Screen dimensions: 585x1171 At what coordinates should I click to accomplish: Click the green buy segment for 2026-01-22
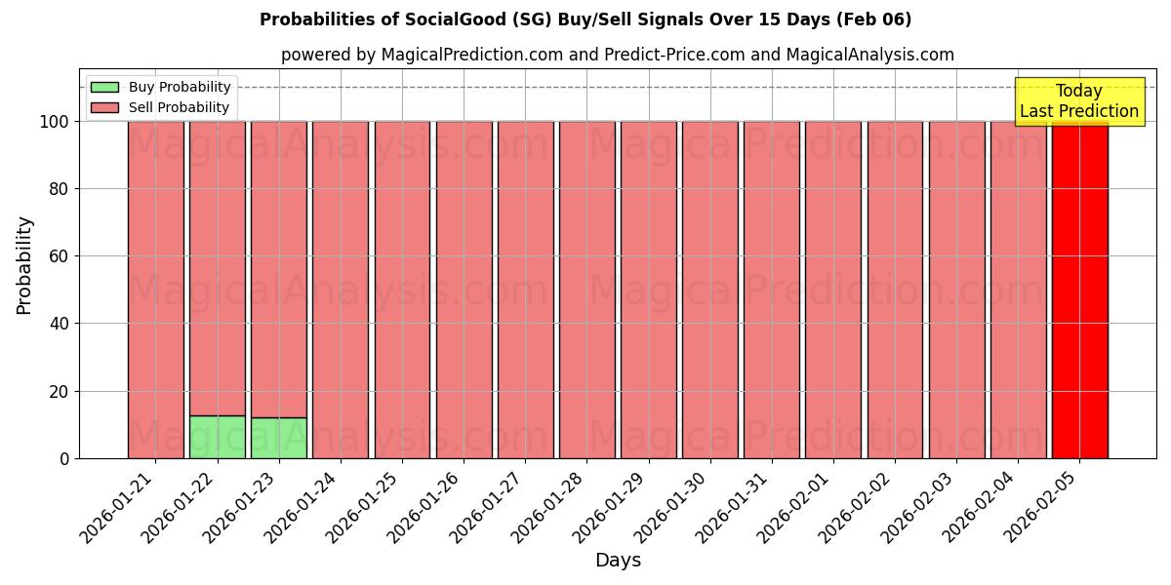pyautogui.click(x=217, y=437)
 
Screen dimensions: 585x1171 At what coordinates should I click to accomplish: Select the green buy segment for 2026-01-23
pyautogui.click(x=279, y=438)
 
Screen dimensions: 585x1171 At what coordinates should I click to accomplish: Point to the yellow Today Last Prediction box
pyautogui.click(x=1079, y=101)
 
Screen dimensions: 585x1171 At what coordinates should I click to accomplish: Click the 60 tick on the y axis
pyautogui.click(x=61, y=256)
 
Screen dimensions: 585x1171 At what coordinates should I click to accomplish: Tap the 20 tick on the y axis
pyautogui.click(x=61, y=391)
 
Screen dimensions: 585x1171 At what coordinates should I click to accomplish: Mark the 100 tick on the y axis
pyautogui.click(x=56, y=122)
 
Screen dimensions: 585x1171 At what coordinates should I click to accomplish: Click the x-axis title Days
pyautogui.click(x=618, y=561)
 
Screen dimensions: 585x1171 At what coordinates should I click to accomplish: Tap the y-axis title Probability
pyautogui.click(x=24, y=264)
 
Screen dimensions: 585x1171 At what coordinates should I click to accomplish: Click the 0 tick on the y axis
pyautogui.click(x=64, y=458)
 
